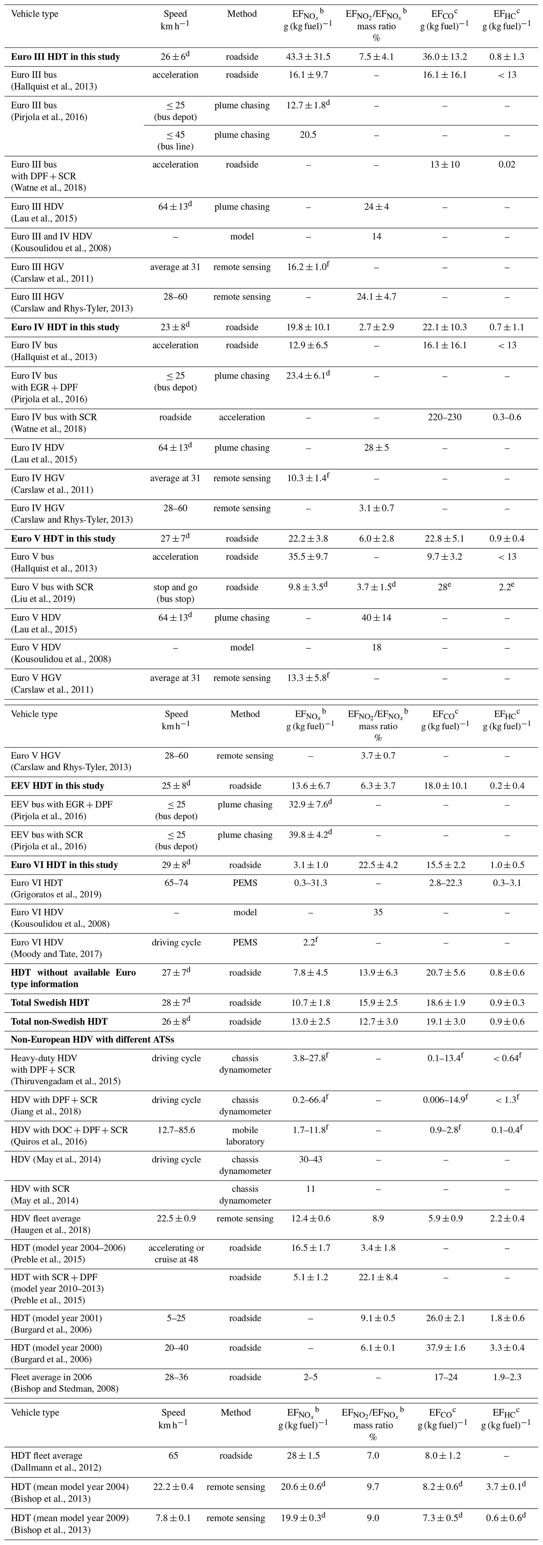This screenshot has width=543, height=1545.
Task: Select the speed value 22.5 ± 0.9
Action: pos(176,1219)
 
